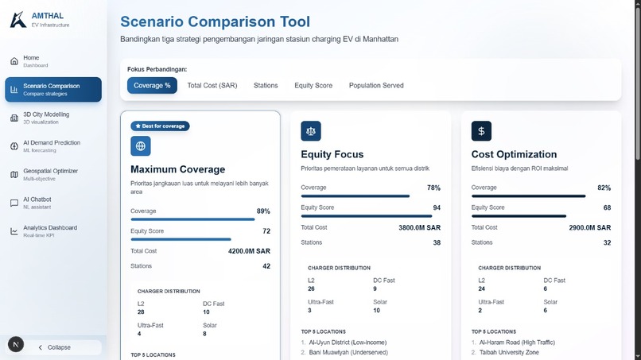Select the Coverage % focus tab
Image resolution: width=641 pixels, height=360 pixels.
[152, 85]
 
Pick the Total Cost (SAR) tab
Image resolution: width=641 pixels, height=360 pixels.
[212, 85]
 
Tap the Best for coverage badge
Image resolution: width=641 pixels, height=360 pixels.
[160, 126]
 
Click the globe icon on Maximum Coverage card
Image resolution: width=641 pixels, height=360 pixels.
[141, 146]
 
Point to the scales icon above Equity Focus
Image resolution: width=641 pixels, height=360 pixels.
[311, 130]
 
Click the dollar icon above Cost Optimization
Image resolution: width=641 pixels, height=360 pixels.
[481, 130]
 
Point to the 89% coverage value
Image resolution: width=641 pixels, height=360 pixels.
[263, 211]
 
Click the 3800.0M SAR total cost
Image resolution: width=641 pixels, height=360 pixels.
[419, 227]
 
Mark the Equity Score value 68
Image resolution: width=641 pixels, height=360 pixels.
[606, 207]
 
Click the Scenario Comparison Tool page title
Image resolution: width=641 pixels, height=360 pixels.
[215, 22]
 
